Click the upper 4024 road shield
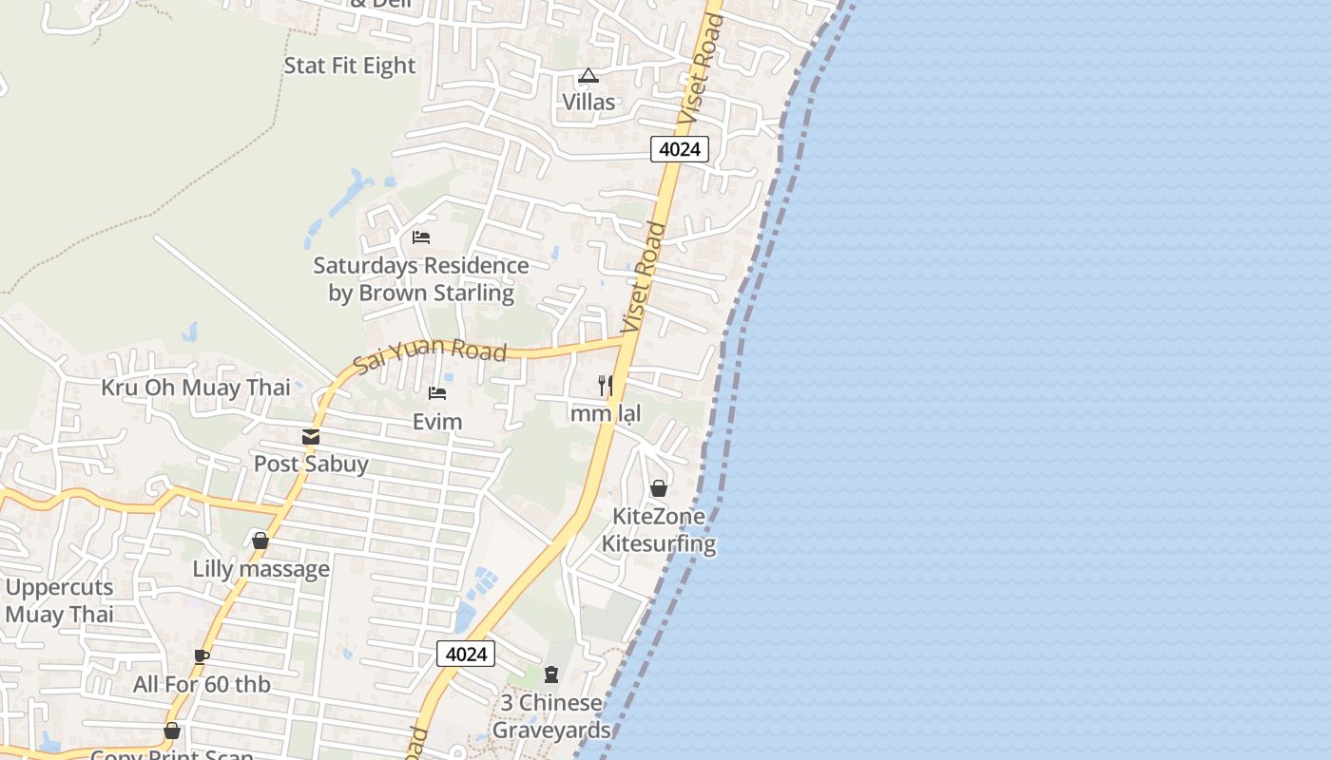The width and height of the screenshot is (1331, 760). click(x=680, y=149)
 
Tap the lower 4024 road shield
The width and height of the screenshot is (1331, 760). click(x=466, y=654)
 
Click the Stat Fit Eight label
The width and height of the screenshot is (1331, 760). click(x=350, y=66)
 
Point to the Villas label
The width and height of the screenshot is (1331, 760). click(x=588, y=102)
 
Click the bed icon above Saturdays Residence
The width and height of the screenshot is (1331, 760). click(x=421, y=237)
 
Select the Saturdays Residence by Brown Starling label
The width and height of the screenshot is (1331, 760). click(x=421, y=279)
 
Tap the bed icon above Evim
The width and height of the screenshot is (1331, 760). click(x=437, y=392)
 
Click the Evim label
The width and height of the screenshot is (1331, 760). click(x=437, y=422)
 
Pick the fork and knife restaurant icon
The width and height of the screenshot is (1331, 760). click(x=605, y=385)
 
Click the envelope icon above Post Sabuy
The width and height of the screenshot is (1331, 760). click(x=311, y=437)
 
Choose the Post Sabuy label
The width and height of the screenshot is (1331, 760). click(x=311, y=465)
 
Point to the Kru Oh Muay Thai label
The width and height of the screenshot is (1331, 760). click(x=196, y=388)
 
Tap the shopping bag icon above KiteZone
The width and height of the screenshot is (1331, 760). click(x=658, y=488)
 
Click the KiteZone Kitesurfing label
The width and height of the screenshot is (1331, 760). click(x=658, y=530)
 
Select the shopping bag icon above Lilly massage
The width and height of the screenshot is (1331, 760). click(x=260, y=541)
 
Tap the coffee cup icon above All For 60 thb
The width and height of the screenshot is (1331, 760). click(x=202, y=655)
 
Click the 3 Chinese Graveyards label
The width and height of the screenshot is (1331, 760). click(x=551, y=716)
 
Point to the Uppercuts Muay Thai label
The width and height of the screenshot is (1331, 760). click(x=59, y=600)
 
